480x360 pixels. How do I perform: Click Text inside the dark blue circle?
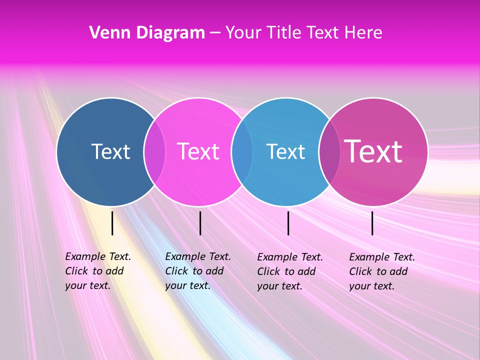click(x=110, y=151)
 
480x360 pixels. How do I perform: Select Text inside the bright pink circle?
click(x=198, y=151)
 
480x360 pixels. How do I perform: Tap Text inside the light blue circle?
click(x=285, y=151)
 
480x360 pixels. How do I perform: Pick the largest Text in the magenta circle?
click(x=373, y=151)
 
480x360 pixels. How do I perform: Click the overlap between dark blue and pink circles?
click(x=154, y=151)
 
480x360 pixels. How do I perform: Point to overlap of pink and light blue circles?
click(x=242, y=151)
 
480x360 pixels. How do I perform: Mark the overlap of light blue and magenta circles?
click(x=329, y=151)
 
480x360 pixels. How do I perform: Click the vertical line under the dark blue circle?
click(x=112, y=223)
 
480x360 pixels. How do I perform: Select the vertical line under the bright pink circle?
click(x=200, y=223)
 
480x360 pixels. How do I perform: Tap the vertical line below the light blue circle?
click(x=288, y=223)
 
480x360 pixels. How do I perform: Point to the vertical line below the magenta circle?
click(x=372, y=223)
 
